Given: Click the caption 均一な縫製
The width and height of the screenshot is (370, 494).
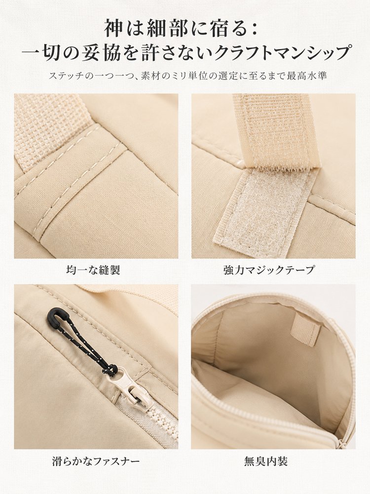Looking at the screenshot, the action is click(93, 270).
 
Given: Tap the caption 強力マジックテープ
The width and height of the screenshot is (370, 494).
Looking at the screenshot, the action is click(269, 270).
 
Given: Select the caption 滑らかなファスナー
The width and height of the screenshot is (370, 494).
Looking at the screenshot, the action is click(96, 462).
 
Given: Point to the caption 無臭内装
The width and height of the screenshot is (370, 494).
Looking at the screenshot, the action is click(266, 462).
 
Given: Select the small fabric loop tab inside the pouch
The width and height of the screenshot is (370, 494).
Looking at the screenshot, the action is click(305, 331).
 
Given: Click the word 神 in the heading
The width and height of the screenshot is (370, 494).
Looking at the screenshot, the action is click(114, 28).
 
